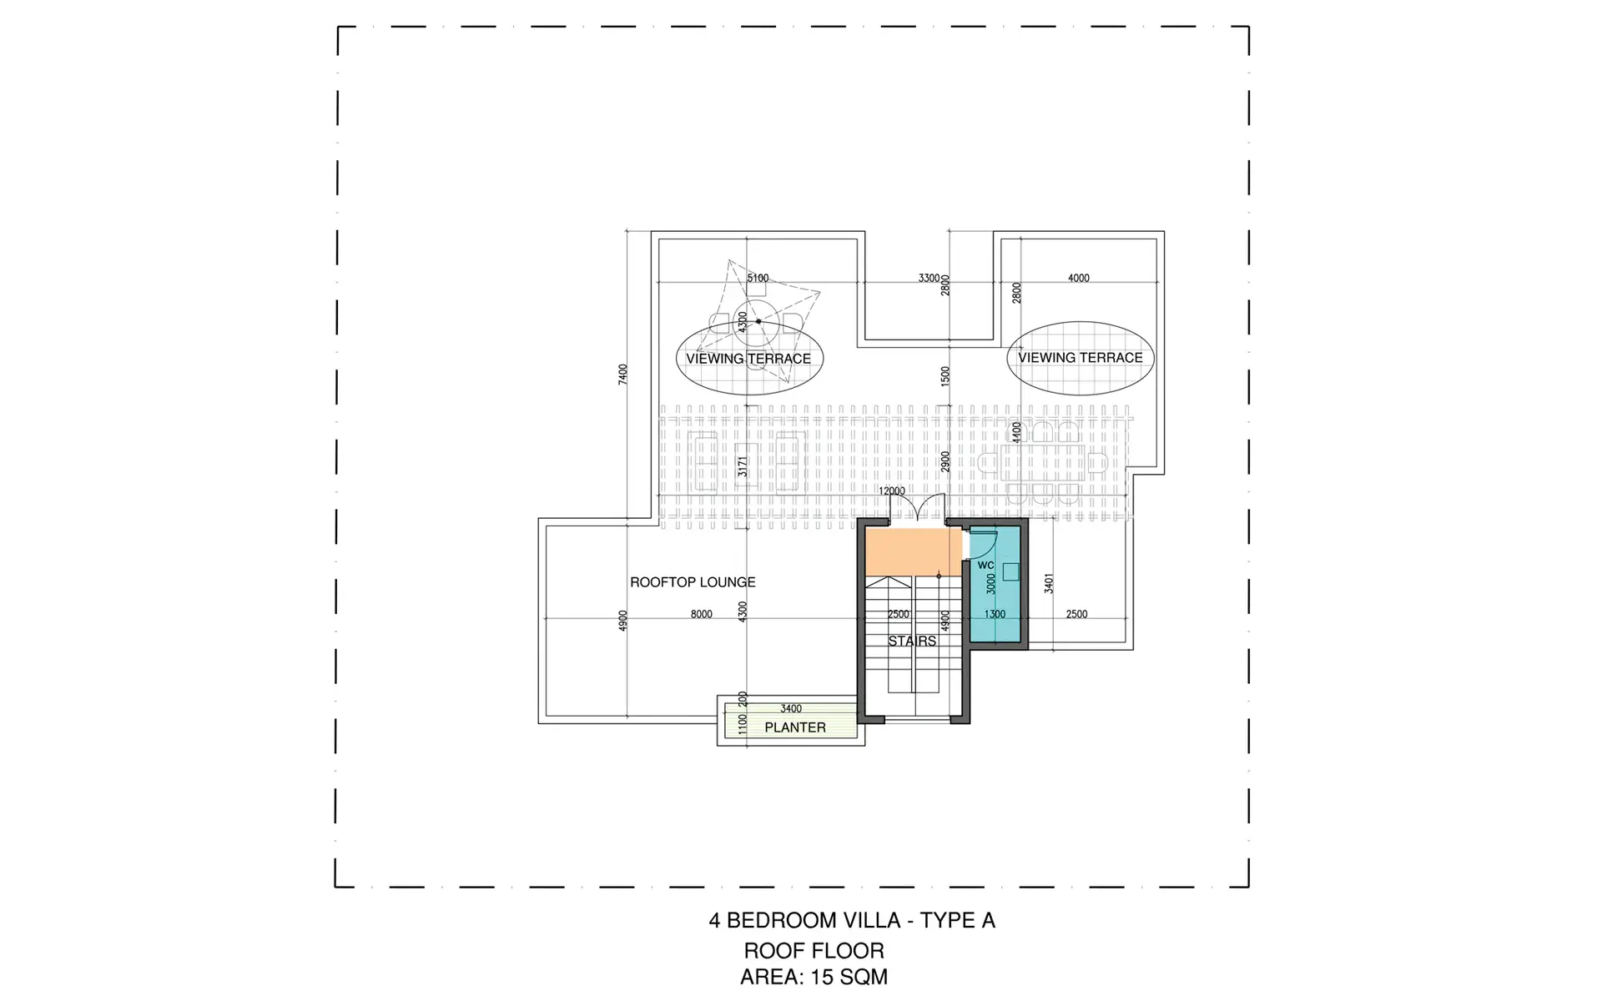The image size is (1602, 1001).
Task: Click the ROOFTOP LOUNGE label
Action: (693, 582)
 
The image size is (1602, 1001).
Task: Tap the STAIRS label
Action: (912, 641)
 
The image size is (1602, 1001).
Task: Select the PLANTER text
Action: (795, 727)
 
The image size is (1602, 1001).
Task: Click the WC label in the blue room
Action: (985, 566)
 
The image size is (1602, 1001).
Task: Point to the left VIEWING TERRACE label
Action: (748, 359)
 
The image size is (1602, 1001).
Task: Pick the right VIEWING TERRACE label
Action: (1081, 358)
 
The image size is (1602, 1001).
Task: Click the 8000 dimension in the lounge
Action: (702, 615)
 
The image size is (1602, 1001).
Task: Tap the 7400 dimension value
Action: (622, 374)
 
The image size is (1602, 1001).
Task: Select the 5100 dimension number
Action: (758, 278)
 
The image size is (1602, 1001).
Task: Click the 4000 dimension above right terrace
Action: (1079, 278)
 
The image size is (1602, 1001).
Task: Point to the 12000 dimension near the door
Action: (892, 491)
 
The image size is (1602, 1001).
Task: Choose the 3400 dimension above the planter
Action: (791, 709)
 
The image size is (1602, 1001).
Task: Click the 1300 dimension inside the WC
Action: (995, 615)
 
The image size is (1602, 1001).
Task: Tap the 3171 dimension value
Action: (743, 467)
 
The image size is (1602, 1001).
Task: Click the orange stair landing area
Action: (913, 551)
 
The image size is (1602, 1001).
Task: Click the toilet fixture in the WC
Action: (1010, 571)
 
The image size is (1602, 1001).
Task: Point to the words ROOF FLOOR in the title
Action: (814, 951)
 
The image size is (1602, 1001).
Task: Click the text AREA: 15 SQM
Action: (814, 978)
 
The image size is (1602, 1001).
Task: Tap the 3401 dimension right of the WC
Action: (1049, 583)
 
